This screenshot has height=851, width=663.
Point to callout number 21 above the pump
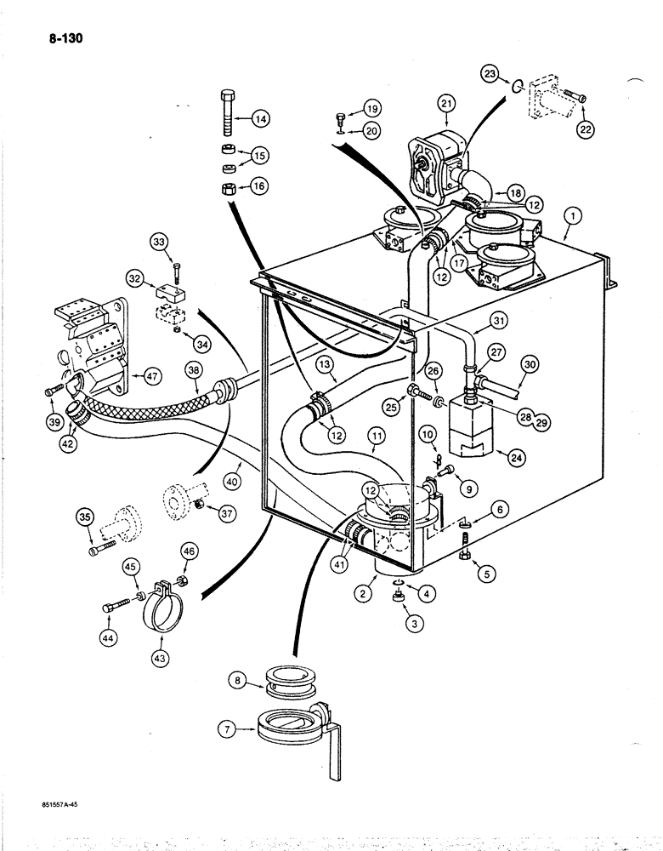click(448, 104)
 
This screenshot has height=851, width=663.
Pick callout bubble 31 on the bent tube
click(500, 320)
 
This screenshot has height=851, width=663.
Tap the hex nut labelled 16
click(229, 187)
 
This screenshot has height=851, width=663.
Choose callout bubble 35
click(85, 516)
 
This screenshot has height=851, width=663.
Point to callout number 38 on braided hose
click(195, 371)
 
